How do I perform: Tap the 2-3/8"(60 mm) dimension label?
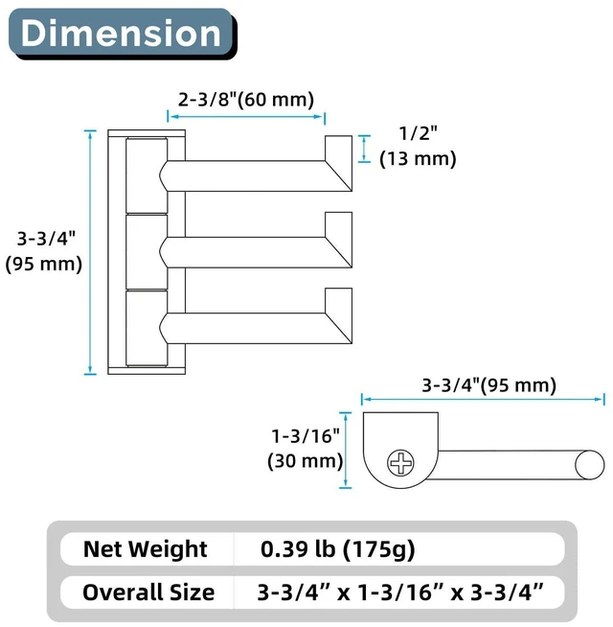point(246,99)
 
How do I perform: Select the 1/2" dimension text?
point(418,132)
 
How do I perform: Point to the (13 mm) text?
point(418,159)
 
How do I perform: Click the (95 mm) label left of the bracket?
point(44,264)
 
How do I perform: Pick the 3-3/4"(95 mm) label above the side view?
point(489,385)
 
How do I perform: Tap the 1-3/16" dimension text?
point(306,436)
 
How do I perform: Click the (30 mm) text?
point(306,461)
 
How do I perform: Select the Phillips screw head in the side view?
point(400,463)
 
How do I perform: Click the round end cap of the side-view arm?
point(590,465)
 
